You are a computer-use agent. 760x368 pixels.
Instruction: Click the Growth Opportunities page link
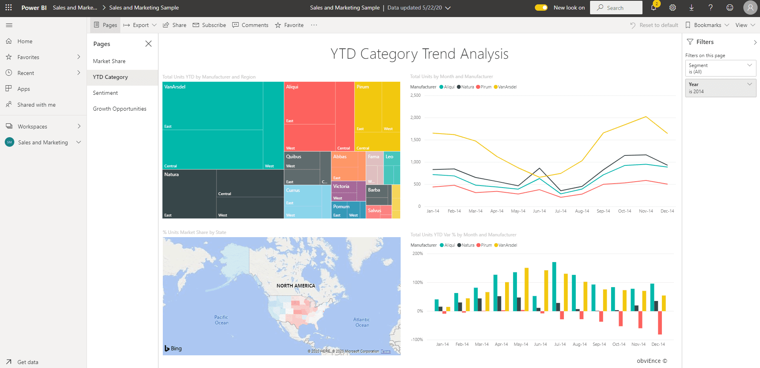(x=120, y=109)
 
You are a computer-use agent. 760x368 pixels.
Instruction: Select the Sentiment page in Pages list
(x=105, y=93)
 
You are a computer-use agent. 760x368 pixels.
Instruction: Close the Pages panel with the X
(x=149, y=44)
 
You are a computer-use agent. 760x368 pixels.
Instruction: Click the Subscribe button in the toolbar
(x=209, y=25)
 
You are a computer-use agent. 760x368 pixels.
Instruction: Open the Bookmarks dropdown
(x=707, y=25)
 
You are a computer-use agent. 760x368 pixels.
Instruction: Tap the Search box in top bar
(x=616, y=8)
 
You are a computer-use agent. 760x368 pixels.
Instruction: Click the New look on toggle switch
(x=541, y=8)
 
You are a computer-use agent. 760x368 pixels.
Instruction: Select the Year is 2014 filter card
(x=720, y=88)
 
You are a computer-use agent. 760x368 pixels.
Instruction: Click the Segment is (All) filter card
(x=720, y=68)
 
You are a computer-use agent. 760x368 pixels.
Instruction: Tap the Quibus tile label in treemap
(x=293, y=157)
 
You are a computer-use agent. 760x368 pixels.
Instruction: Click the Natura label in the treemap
(x=172, y=174)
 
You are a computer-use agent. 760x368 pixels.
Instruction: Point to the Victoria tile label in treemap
(x=341, y=186)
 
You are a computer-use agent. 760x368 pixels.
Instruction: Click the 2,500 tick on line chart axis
(x=415, y=96)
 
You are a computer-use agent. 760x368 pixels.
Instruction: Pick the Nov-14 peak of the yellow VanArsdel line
(x=646, y=117)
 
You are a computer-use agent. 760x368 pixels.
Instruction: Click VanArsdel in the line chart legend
(x=507, y=87)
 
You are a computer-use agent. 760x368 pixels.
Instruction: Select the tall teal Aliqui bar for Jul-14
(x=554, y=286)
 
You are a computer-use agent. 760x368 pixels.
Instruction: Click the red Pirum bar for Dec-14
(x=660, y=322)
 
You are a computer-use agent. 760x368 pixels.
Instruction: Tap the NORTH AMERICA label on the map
(x=296, y=286)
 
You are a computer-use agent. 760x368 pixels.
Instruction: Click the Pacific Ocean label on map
(x=221, y=320)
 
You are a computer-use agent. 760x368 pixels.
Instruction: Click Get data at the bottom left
(x=28, y=362)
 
